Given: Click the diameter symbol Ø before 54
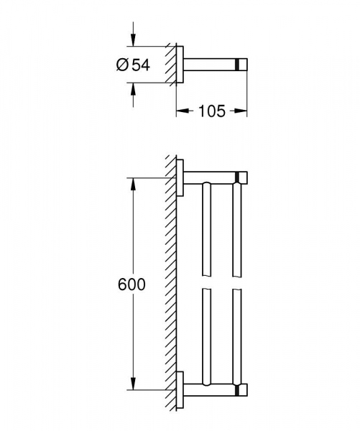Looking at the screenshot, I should click(x=121, y=65).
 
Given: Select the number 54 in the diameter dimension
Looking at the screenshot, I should click(x=141, y=65).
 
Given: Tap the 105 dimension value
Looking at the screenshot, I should click(x=212, y=111).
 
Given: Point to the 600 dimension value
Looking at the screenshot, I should click(x=131, y=284).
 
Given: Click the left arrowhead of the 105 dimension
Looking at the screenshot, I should click(x=181, y=111).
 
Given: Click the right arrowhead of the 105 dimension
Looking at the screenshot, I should click(x=243, y=111).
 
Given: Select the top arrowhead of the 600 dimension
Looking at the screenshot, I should click(x=132, y=182).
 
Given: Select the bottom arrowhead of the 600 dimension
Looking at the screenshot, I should click(x=132, y=385).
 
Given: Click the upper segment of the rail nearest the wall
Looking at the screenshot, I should click(x=207, y=230).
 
